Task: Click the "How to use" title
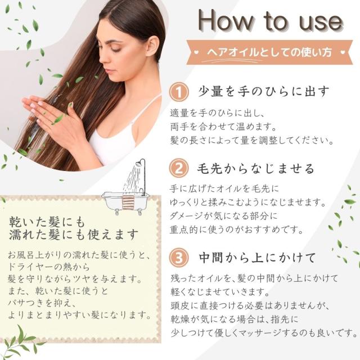coord(271,21)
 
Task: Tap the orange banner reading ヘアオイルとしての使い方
coord(269,52)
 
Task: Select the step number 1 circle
coord(179,92)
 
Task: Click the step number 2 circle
coord(179,168)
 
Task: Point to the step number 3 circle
coord(179,257)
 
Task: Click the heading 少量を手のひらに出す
coord(264,91)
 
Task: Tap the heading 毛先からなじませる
coord(255,168)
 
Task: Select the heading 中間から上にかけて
coord(258,258)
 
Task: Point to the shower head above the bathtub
coord(139,164)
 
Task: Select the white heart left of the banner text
coord(196,52)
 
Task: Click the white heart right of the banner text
coord(343,52)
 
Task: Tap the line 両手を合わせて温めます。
coord(223,127)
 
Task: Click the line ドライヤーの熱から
coord(49,267)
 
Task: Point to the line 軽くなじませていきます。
coord(220,292)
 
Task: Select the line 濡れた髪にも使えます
coord(74,235)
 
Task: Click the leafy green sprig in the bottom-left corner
coord(21,342)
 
